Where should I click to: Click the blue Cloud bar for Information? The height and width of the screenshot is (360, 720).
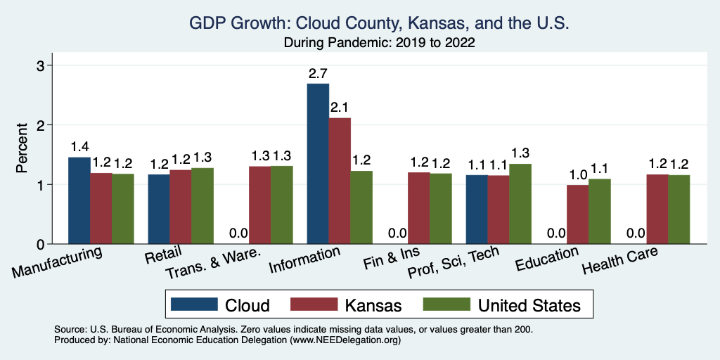point(318,164)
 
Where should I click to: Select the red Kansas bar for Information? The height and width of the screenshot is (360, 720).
point(340,181)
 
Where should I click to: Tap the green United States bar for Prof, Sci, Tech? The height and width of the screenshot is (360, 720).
point(520,204)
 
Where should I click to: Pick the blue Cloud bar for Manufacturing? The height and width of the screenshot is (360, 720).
point(79,200)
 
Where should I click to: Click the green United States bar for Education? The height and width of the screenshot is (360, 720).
point(600,212)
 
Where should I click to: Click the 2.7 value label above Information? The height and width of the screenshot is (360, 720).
point(318,73)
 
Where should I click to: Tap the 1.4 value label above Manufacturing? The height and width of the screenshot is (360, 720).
point(79,147)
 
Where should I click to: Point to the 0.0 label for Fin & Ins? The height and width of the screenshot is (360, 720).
point(397,233)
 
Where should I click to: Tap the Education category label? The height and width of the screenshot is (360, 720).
point(547,259)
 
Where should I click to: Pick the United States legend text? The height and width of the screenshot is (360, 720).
point(529,305)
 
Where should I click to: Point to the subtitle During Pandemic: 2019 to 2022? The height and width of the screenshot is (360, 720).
point(379,43)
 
